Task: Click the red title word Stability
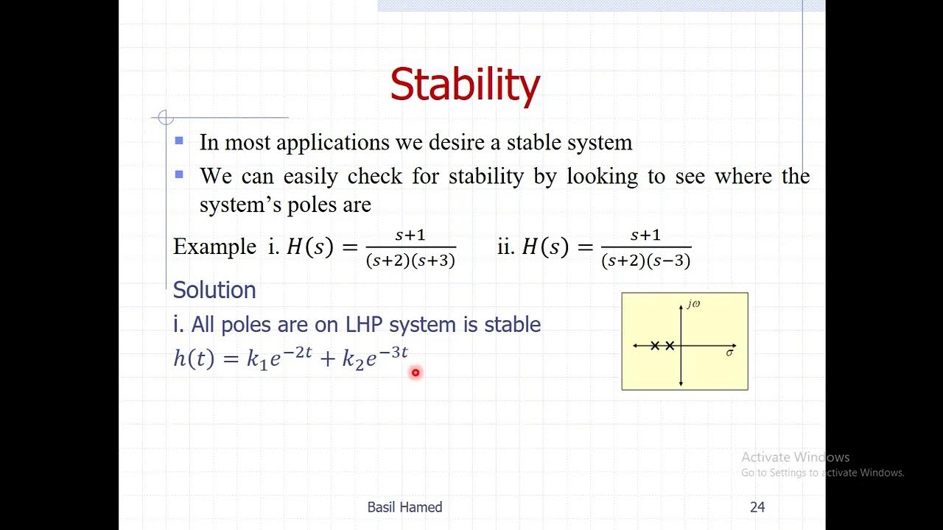tap(465, 85)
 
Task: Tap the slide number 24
tap(757, 507)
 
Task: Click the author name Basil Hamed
tap(404, 507)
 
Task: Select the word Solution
tap(214, 290)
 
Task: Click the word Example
tap(214, 247)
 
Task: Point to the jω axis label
tap(693, 304)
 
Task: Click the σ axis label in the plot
tap(729, 353)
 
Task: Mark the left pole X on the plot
tap(655, 345)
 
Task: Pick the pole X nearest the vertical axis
tap(670, 345)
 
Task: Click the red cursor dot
tap(416, 373)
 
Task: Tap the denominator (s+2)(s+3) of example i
tap(410, 261)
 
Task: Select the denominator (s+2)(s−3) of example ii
tap(646, 261)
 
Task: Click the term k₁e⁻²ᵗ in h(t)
tap(279, 358)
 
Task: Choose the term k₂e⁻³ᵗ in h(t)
tap(375, 358)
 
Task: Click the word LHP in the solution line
tap(365, 325)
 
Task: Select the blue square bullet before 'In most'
tap(179, 140)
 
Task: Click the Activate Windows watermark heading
tap(795, 457)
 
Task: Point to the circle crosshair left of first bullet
tap(166, 118)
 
